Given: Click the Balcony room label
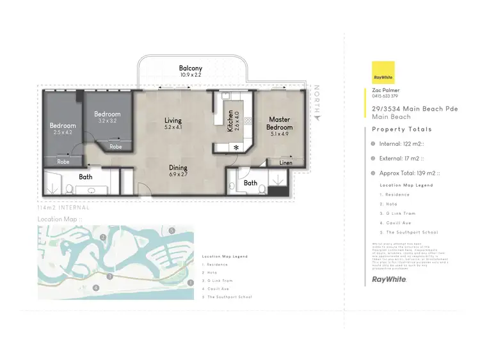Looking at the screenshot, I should click(190, 68).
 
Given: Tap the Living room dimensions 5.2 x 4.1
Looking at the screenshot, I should click(173, 127).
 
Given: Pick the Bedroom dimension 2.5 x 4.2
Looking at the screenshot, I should click(63, 132).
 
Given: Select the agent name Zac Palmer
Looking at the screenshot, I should click(386, 91).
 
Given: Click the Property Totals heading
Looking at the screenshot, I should click(397, 129).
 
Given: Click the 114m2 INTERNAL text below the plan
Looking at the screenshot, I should click(63, 208).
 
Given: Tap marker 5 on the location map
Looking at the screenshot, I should click(172, 230).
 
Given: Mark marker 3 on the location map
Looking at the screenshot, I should click(110, 276).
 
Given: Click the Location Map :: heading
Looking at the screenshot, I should click(60, 219).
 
